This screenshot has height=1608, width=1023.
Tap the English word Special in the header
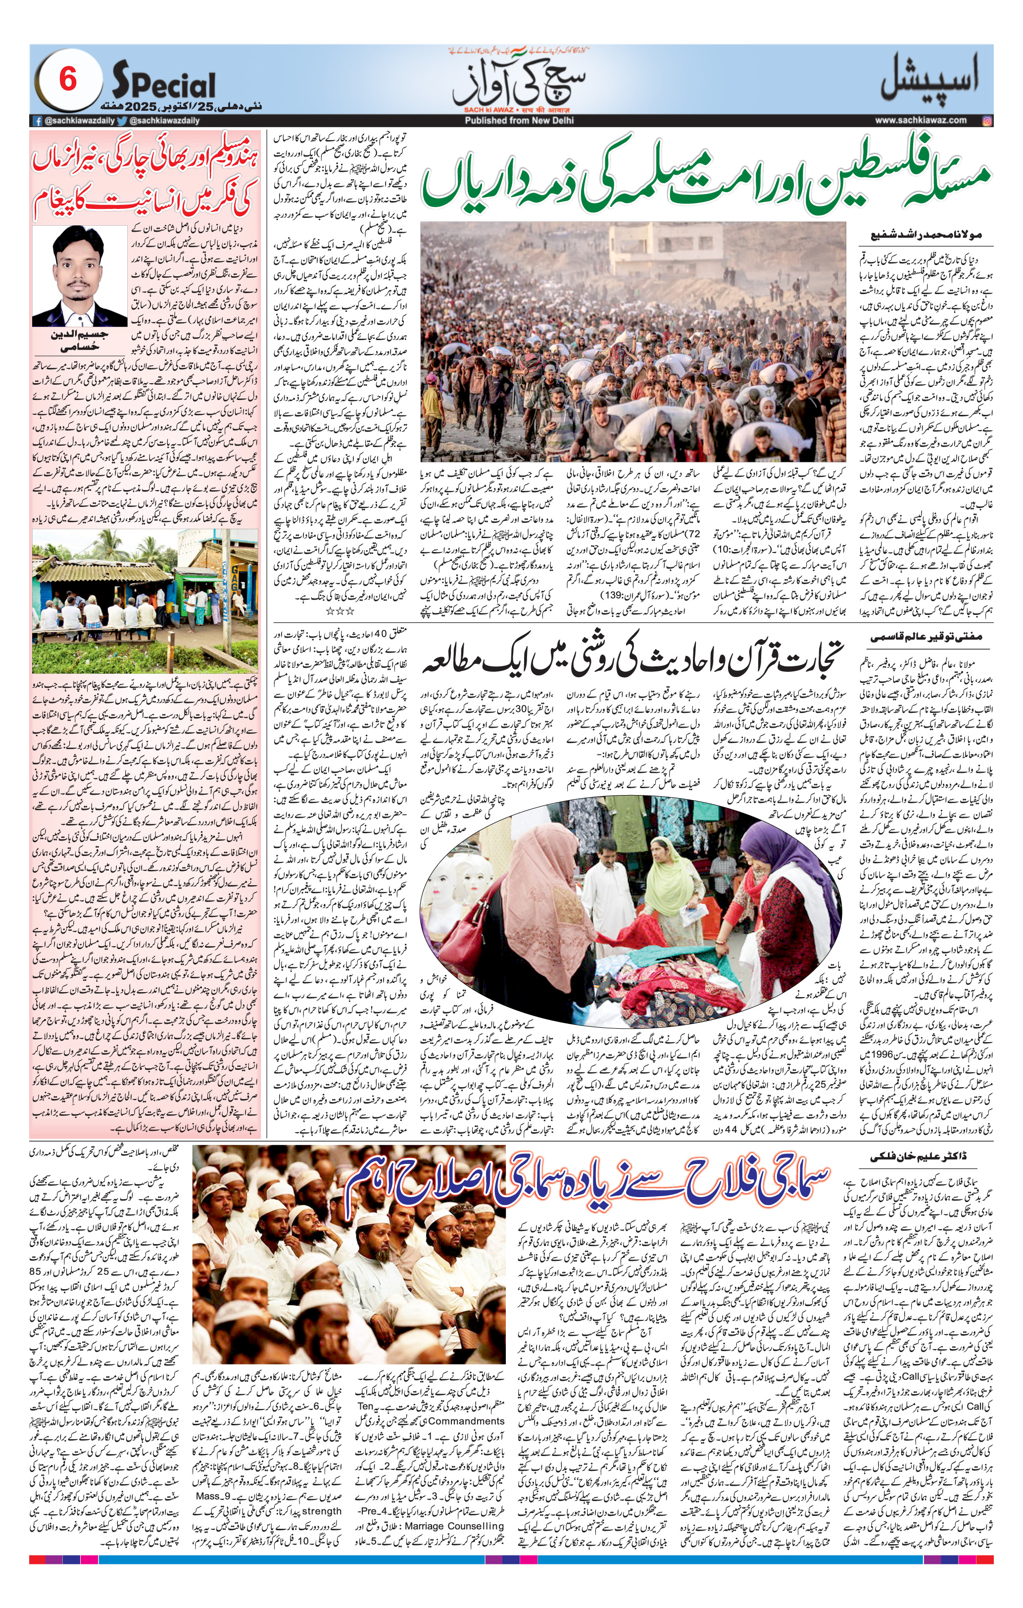pyautogui.click(x=164, y=85)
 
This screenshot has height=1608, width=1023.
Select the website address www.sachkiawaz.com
pyautogui.click(x=920, y=120)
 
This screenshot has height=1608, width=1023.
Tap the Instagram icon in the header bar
pyautogui.click(x=987, y=120)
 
